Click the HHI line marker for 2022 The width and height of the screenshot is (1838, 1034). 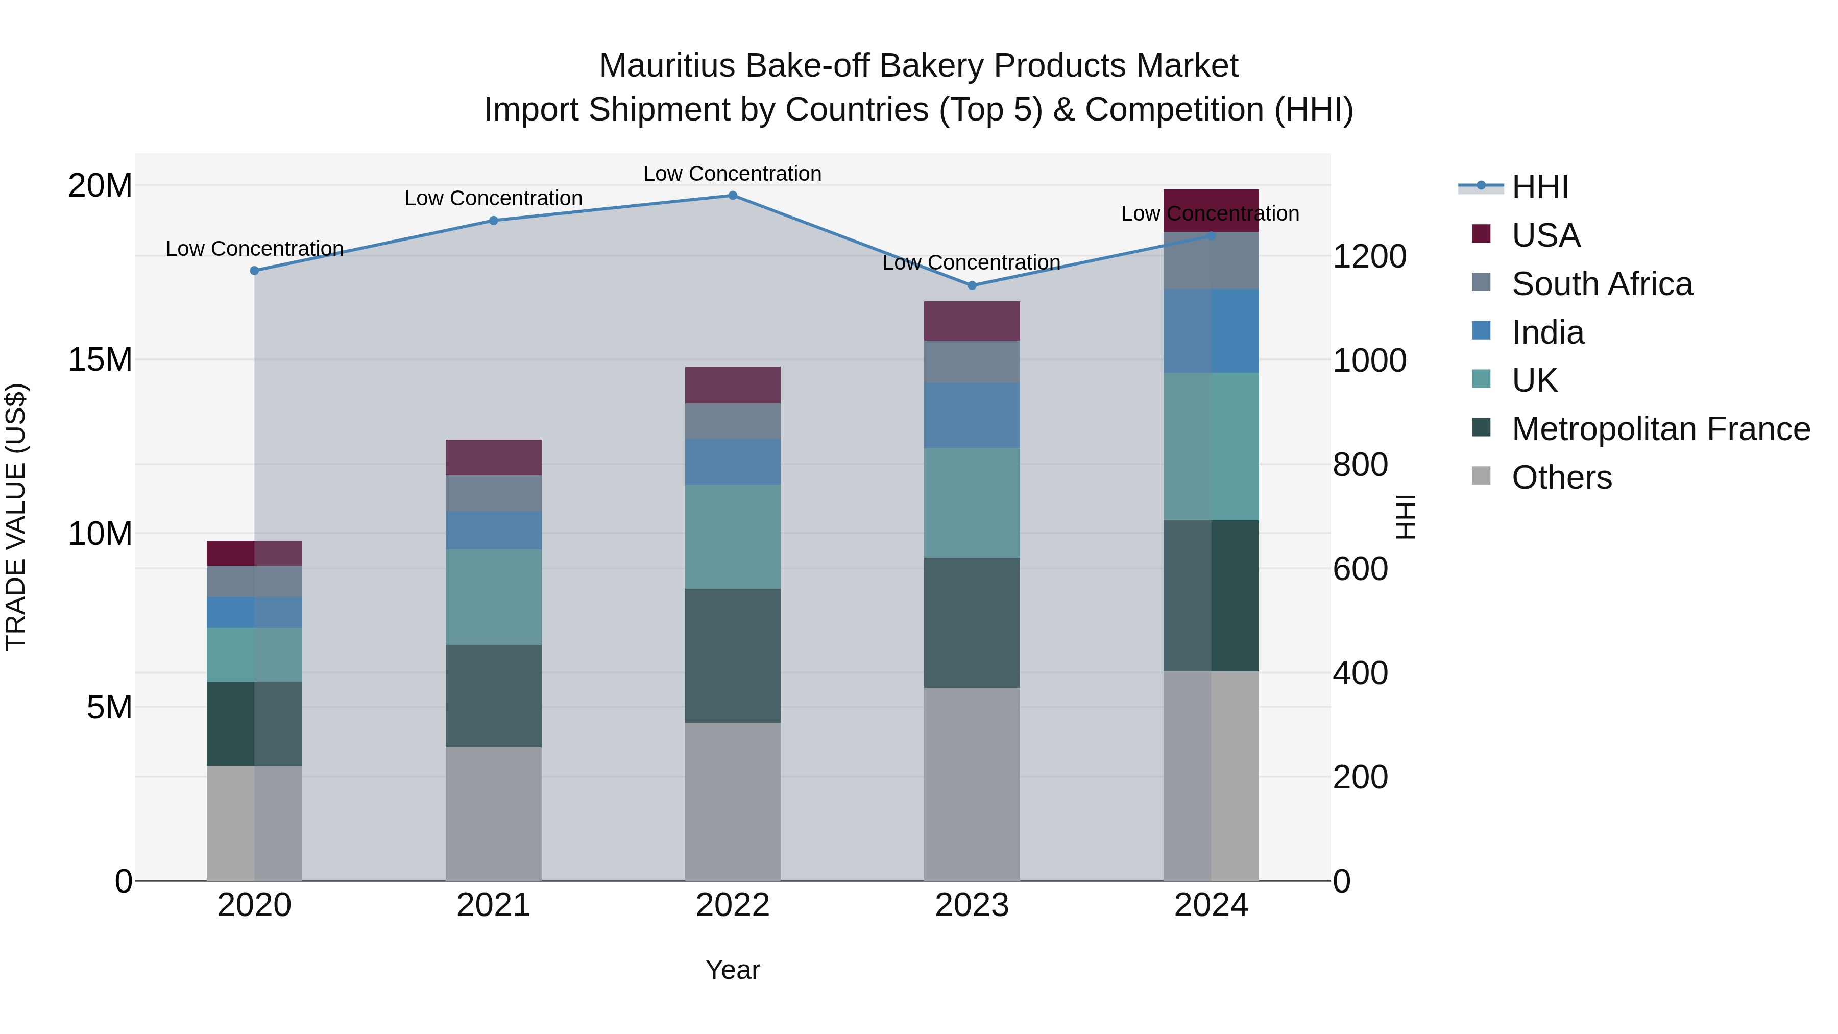pos(733,196)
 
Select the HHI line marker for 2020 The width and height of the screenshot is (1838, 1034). pos(255,271)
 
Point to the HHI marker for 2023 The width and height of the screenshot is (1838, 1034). pos(972,285)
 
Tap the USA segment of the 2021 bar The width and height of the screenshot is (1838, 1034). pos(494,458)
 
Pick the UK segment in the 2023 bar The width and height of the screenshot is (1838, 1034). pos(972,502)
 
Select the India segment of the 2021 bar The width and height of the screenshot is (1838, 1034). pos(494,530)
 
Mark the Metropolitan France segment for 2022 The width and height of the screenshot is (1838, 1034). pos(733,655)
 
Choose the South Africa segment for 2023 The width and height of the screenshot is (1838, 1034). pos(972,362)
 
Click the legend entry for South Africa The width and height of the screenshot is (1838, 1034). pos(1602,284)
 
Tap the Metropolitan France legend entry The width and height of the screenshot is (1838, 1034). pos(1660,429)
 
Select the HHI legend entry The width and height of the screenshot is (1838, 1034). pos(1540,187)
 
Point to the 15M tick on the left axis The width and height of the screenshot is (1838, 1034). pos(100,359)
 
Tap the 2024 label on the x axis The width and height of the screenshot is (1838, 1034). pos(1211,905)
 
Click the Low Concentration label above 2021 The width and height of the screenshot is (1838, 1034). pos(494,199)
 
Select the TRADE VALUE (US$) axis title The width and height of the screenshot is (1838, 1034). pos(16,517)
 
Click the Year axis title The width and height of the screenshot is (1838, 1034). pos(733,970)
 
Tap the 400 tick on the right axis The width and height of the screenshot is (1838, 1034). pos(1360,673)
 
